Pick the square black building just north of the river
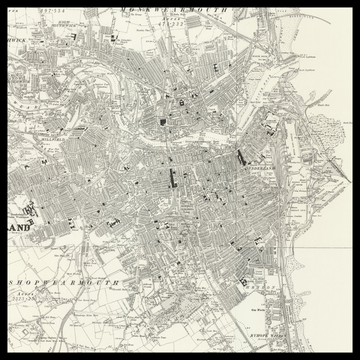(x=161, y=121)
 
